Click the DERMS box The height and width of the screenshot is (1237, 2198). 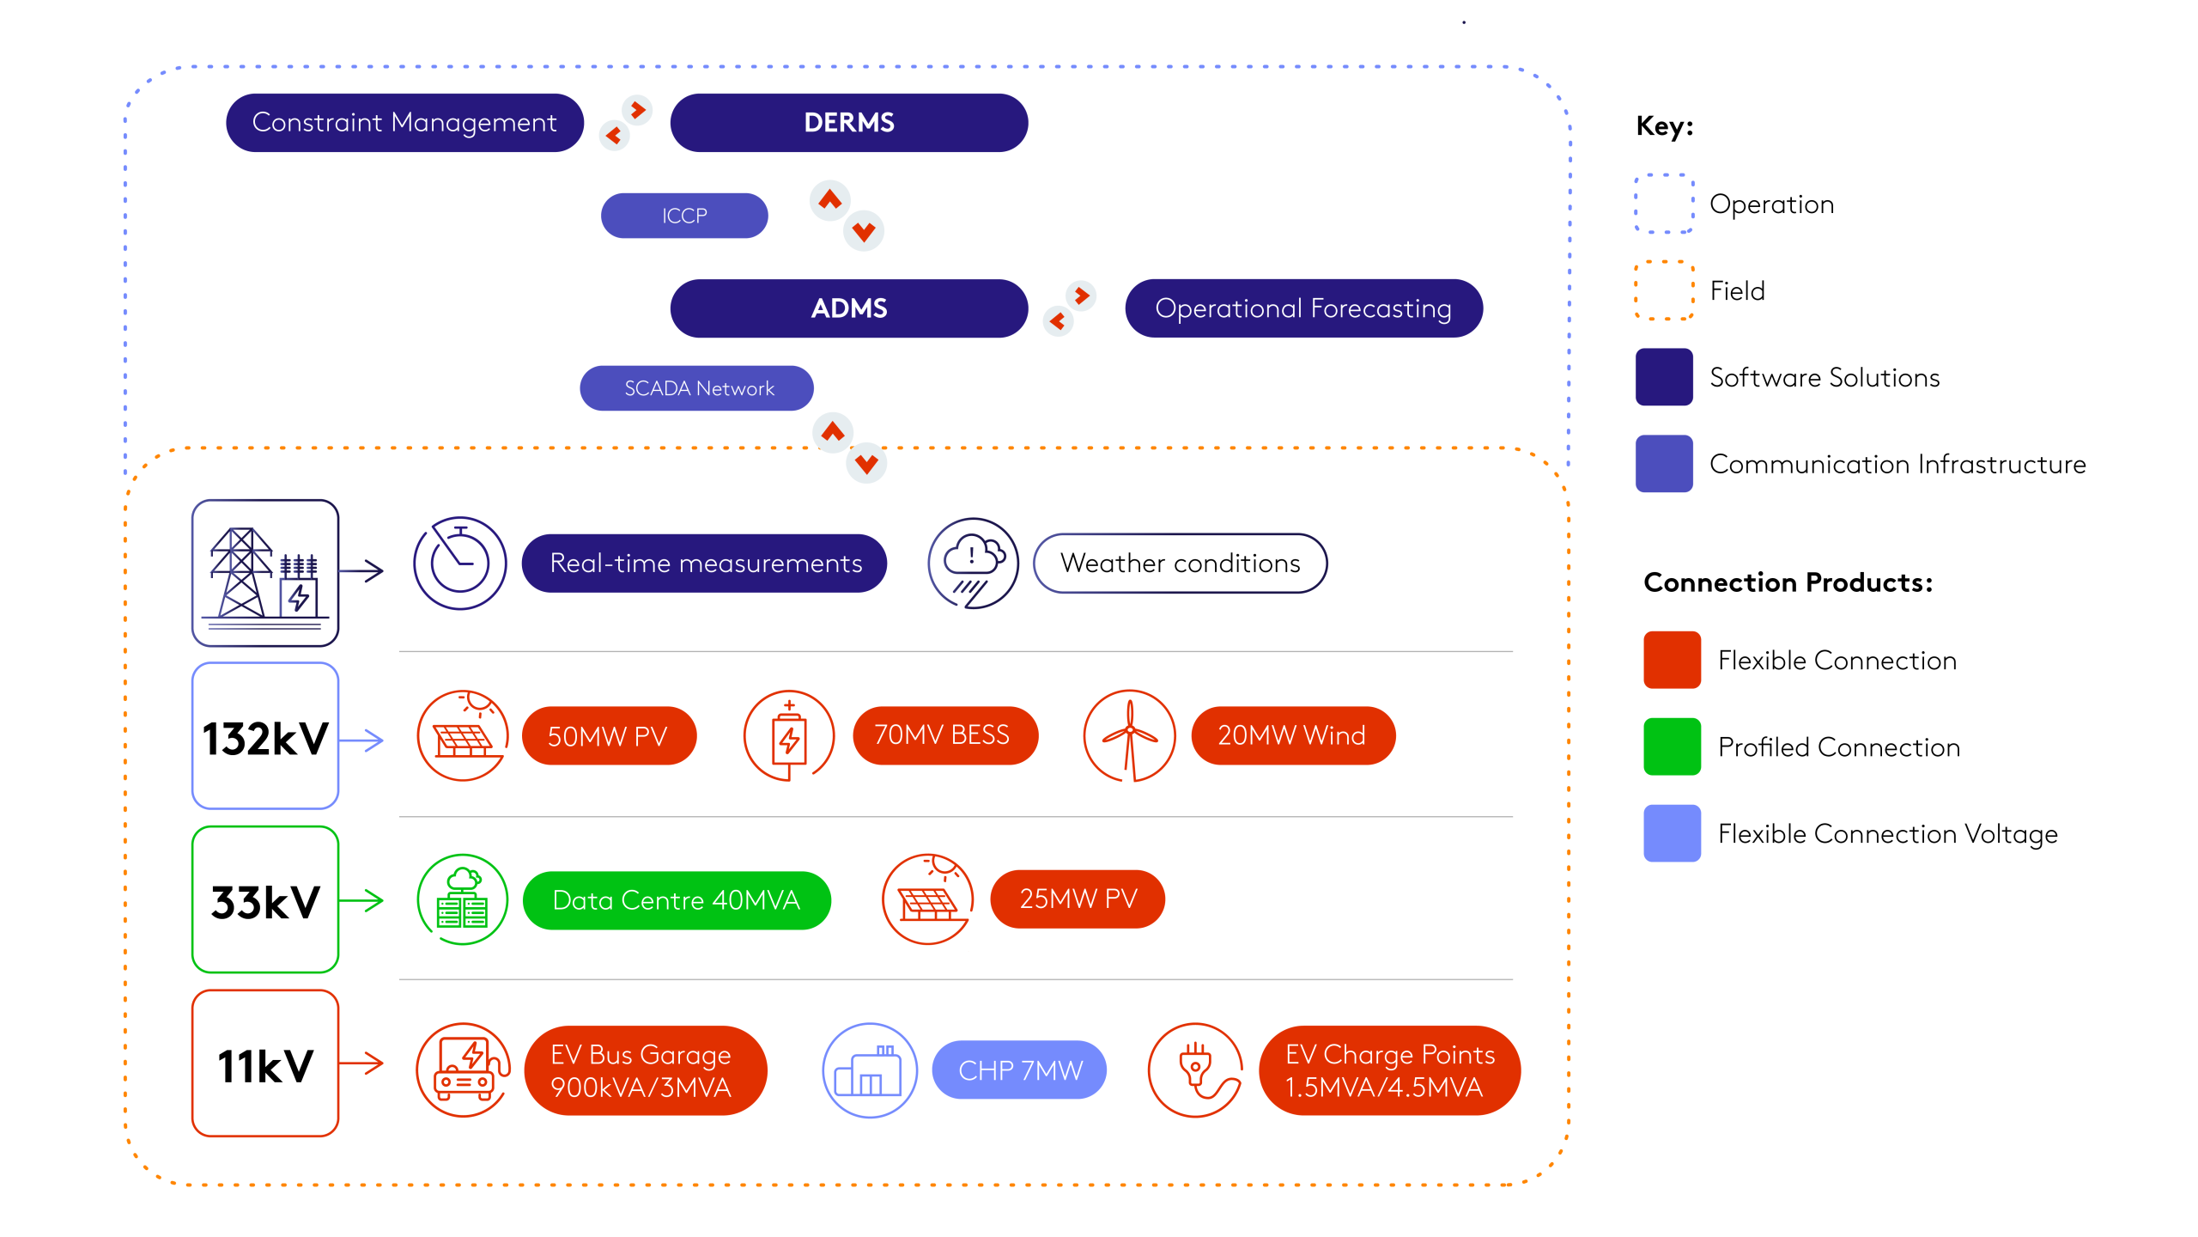(x=848, y=123)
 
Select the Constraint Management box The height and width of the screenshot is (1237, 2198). (x=404, y=123)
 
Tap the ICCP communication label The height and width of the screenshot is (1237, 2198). (x=683, y=216)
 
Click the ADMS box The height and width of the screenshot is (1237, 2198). (x=848, y=308)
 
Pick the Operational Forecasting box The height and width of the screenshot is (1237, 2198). (x=1302, y=308)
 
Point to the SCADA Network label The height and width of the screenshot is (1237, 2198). (x=696, y=388)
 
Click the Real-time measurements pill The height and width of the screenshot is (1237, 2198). (x=704, y=564)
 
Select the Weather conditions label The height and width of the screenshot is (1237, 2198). (x=1180, y=564)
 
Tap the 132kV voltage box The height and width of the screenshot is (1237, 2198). (x=265, y=736)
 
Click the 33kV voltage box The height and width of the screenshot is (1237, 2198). (x=265, y=900)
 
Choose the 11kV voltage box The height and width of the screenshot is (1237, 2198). (x=265, y=1063)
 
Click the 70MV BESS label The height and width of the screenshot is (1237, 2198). (x=944, y=735)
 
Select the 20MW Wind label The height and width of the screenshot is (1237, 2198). (x=1292, y=735)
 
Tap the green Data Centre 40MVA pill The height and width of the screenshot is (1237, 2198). (x=676, y=900)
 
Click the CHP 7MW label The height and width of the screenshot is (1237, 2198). (x=1019, y=1070)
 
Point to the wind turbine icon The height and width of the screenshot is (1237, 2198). (x=1129, y=735)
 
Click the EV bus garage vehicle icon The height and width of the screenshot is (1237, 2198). (x=464, y=1069)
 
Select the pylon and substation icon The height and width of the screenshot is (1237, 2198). (x=265, y=573)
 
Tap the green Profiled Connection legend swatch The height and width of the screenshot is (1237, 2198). (x=1671, y=746)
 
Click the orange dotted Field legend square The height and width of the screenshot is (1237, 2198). (x=1663, y=290)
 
